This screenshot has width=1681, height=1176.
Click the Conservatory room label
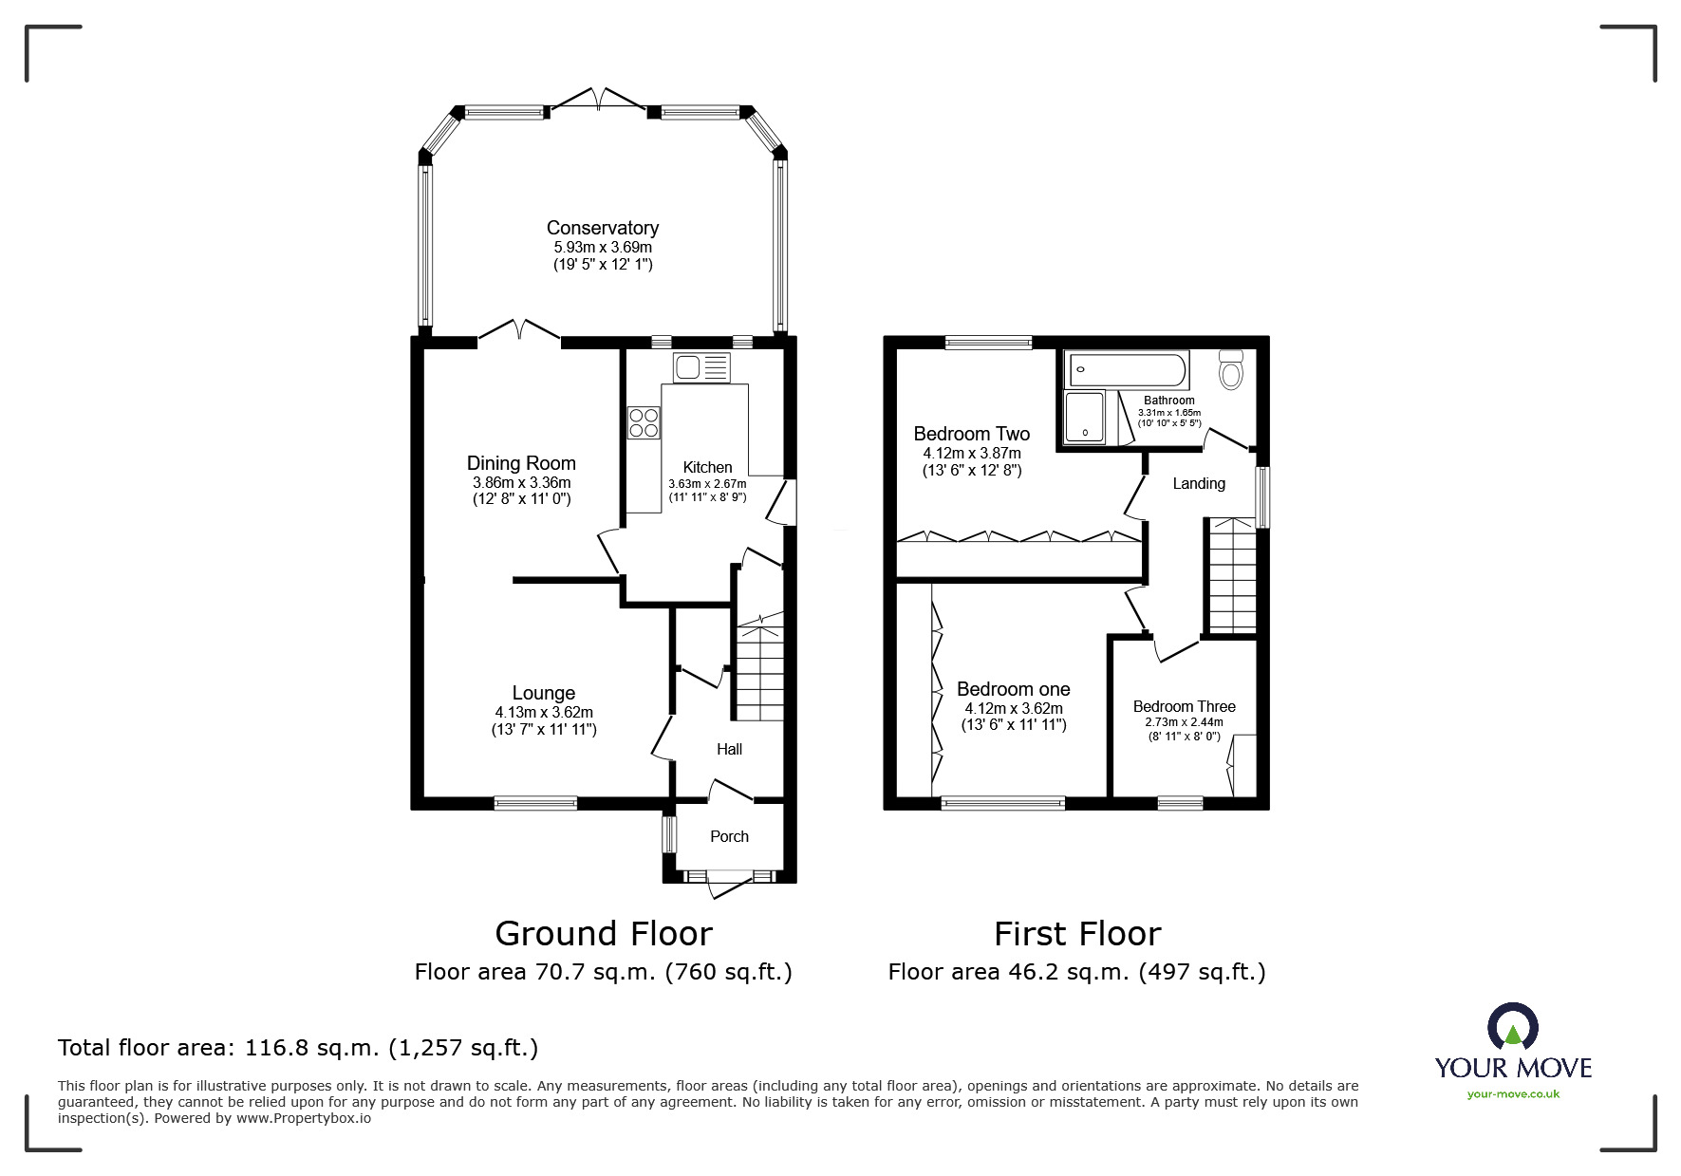pyautogui.click(x=602, y=228)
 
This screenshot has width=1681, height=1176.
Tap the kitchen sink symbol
pyautogui.click(x=701, y=366)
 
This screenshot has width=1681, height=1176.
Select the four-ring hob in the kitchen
pyautogui.click(x=644, y=421)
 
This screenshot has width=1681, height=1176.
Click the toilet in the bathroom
pyautogui.click(x=1231, y=369)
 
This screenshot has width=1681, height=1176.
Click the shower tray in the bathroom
pyautogui.click(x=1085, y=417)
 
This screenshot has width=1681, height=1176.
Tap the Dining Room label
pyautogui.click(x=521, y=463)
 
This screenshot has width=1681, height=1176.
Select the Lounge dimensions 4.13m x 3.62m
pyautogui.click(x=543, y=712)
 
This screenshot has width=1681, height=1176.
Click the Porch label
pyautogui.click(x=729, y=836)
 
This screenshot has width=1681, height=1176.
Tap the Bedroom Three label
pyautogui.click(x=1184, y=706)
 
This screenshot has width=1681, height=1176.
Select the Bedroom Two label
pyautogui.click(x=971, y=434)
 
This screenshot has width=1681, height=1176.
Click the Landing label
pyautogui.click(x=1198, y=483)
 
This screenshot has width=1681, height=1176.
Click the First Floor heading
pyautogui.click(x=1076, y=934)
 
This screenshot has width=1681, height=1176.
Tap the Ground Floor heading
pyautogui.click(x=604, y=934)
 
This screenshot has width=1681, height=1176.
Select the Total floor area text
pyautogui.click(x=298, y=1048)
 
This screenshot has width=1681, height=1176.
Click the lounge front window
pyautogui.click(x=535, y=803)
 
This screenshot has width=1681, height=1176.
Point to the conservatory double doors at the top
pyautogui.click(x=599, y=100)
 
